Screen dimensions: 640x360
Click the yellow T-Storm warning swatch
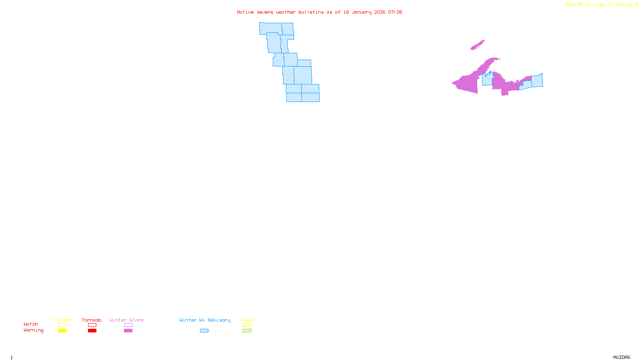coord(62,331)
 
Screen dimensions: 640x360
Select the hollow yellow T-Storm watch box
coord(62,325)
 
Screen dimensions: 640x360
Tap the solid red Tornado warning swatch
coord(92,331)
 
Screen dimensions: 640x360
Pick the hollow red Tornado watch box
coord(92,325)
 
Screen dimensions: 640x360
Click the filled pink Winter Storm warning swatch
coord(128,331)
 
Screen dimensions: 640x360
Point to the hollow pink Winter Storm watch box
coord(128,325)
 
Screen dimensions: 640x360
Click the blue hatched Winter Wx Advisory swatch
coord(204,331)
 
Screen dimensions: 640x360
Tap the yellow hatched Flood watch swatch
coord(247,325)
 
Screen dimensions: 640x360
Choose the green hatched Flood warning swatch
coord(247,331)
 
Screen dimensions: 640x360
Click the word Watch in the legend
coord(31,324)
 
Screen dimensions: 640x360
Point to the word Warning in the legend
coord(33,330)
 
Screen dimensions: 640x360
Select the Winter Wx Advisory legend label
coord(205,320)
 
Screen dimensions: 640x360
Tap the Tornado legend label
coord(92,320)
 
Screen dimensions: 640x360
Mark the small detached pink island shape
coord(478,45)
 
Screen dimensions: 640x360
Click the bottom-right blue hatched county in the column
coord(311,98)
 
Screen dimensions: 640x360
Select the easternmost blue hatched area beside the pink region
coord(537,81)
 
